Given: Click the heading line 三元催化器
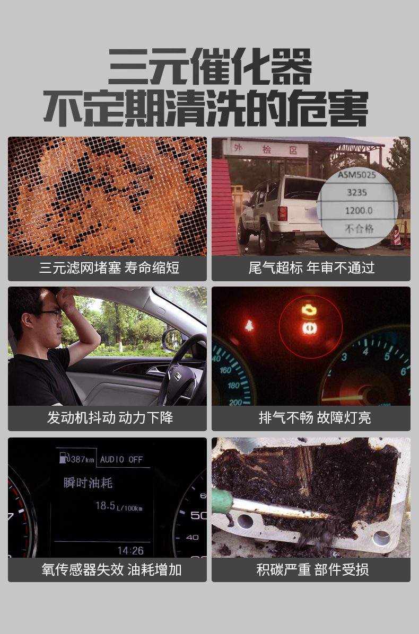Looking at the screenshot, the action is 210,67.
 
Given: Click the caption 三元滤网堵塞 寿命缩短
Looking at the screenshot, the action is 109,267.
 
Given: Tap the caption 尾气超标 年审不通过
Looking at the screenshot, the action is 311,267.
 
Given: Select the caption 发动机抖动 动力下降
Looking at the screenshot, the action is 110,418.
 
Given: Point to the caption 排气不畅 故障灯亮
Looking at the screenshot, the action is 315,418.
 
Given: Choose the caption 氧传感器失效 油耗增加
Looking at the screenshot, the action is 111,570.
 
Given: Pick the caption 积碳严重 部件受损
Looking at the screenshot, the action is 312,570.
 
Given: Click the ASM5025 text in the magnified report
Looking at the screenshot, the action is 356,175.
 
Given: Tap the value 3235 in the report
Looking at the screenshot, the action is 356,192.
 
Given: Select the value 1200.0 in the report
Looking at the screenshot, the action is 359,211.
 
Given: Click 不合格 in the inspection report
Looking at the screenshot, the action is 359,228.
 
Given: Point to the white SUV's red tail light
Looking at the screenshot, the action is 283,213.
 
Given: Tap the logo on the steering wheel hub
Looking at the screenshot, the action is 177,376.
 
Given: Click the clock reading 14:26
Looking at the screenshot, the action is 130,551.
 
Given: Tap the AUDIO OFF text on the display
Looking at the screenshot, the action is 121,460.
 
